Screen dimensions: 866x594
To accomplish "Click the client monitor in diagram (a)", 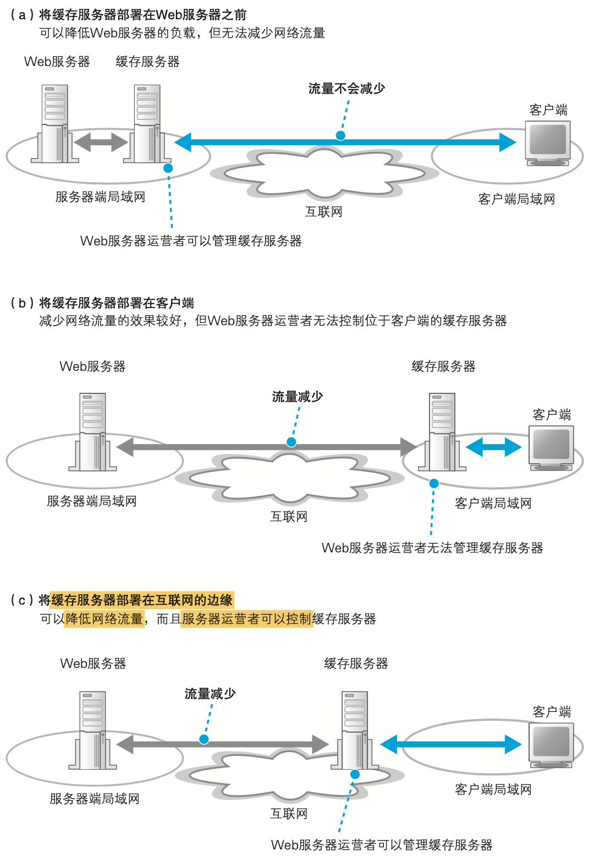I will [548, 141].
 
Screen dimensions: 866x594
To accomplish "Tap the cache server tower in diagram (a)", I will [147, 123].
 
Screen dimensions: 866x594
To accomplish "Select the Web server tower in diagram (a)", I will [55, 123].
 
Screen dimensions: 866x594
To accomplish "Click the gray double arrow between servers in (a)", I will [101, 142].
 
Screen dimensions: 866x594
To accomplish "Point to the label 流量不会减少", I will [346, 89].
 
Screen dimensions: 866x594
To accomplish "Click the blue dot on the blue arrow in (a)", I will [340, 135].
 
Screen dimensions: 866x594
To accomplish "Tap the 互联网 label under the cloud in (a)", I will [324, 212].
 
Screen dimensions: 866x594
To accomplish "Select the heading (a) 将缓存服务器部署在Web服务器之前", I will [129, 15].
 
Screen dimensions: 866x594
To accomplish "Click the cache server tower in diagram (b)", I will [442, 431].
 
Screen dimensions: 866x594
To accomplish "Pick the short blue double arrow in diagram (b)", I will [493, 447].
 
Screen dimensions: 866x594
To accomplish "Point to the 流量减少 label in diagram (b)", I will [298, 397].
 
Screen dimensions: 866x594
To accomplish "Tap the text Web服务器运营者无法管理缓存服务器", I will [432, 548].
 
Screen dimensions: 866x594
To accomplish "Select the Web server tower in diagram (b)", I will [92, 431].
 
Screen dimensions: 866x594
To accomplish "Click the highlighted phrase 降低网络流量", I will [105, 619].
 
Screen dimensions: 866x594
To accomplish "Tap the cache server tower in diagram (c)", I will [355, 730].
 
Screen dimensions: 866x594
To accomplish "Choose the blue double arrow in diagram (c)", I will [450, 744].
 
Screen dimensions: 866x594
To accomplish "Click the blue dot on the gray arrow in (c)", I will [204, 739].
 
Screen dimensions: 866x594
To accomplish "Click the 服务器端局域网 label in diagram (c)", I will [95, 799].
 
